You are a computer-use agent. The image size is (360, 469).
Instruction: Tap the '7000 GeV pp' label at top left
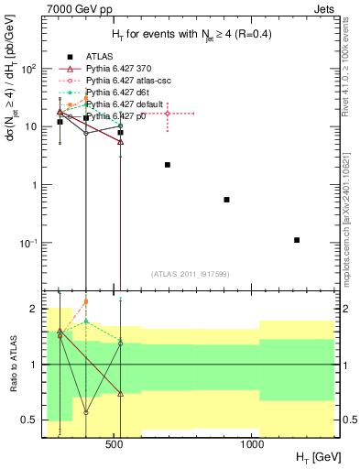(73, 8)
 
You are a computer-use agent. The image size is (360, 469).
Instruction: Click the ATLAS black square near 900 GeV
(226, 200)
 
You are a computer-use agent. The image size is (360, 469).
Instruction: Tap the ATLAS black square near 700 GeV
(168, 165)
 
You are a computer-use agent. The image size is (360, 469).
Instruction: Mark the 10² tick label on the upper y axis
(29, 69)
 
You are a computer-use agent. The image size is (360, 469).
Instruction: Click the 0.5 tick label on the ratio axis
(28, 420)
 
